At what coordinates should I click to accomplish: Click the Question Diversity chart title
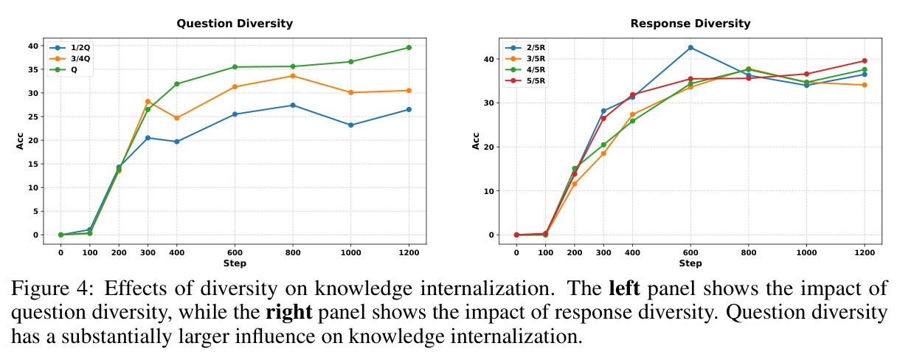235,24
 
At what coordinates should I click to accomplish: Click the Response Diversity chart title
690,24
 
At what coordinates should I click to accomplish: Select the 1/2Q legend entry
69,47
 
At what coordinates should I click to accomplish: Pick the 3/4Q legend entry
69,59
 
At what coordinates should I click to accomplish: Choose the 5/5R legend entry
525,80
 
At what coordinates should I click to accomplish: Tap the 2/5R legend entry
525,47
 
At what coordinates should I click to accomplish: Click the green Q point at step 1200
409,47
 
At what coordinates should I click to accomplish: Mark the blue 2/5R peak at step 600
690,47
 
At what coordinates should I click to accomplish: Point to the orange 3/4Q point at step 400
177,118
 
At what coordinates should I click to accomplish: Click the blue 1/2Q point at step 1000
350,125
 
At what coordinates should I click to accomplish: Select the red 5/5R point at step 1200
865,60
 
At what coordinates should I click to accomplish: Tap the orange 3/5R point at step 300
603,153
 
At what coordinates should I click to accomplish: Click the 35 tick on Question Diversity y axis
33,69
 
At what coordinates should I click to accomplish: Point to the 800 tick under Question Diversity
293,252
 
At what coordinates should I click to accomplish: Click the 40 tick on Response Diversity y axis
488,59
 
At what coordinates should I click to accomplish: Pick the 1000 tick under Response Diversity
806,252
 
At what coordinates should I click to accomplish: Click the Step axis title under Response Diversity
690,263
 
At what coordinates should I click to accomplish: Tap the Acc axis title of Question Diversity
20,141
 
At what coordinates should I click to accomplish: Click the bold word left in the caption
624,288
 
